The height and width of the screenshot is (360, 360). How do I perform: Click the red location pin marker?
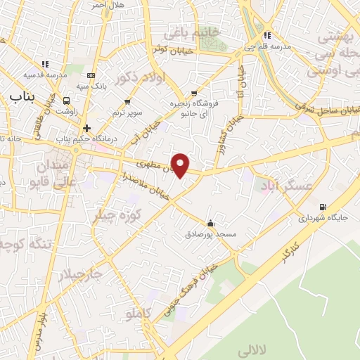181,165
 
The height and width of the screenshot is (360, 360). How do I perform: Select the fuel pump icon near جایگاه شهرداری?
323,207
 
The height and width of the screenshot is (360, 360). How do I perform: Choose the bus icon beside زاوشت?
67,100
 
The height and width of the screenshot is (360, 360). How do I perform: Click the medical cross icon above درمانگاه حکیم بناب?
86,128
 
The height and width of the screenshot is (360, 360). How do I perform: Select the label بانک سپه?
92,86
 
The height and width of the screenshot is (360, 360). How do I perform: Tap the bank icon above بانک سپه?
91,75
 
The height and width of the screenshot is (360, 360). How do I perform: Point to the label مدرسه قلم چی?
266,46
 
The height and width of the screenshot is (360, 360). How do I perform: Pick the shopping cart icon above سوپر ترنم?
127,102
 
